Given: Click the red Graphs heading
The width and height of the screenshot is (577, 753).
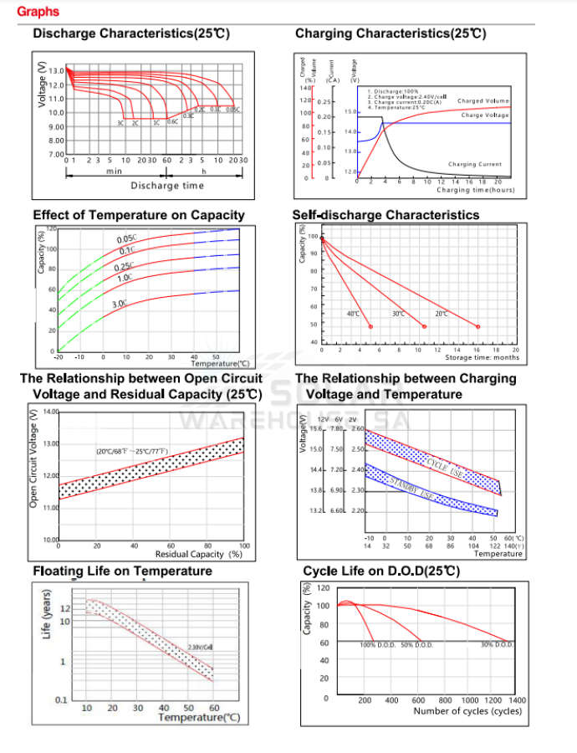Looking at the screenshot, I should (x=38, y=12).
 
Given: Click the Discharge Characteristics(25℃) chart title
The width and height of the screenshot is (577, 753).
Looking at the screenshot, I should (x=131, y=34).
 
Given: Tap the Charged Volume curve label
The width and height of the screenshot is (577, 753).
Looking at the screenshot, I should (x=483, y=101).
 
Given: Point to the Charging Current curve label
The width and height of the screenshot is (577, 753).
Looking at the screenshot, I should (x=475, y=165).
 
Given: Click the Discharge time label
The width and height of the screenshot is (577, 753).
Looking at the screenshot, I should (x=167, y=186).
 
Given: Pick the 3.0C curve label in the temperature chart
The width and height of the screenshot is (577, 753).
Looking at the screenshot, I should (x=120, y=303).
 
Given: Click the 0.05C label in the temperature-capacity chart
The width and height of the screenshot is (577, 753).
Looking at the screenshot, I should (x=126, y=240).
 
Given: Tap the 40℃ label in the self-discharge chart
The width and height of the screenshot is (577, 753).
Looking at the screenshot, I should (x=353, y=314).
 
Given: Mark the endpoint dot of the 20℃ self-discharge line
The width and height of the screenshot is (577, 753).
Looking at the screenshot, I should (x=478, y=326).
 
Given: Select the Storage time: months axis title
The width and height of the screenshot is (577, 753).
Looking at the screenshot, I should (x=481, y=357).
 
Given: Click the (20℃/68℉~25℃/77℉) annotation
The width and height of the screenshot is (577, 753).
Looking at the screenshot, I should (x=131, y=452).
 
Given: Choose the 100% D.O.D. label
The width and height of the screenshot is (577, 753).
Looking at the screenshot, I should (x=379, y=645).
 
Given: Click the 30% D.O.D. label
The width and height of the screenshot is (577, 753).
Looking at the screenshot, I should (x=497, y=645).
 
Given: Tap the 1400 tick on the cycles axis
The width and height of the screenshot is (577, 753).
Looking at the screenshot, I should (x=517, y=700).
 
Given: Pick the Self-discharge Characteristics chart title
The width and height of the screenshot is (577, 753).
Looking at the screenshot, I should (x=386, y=215).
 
